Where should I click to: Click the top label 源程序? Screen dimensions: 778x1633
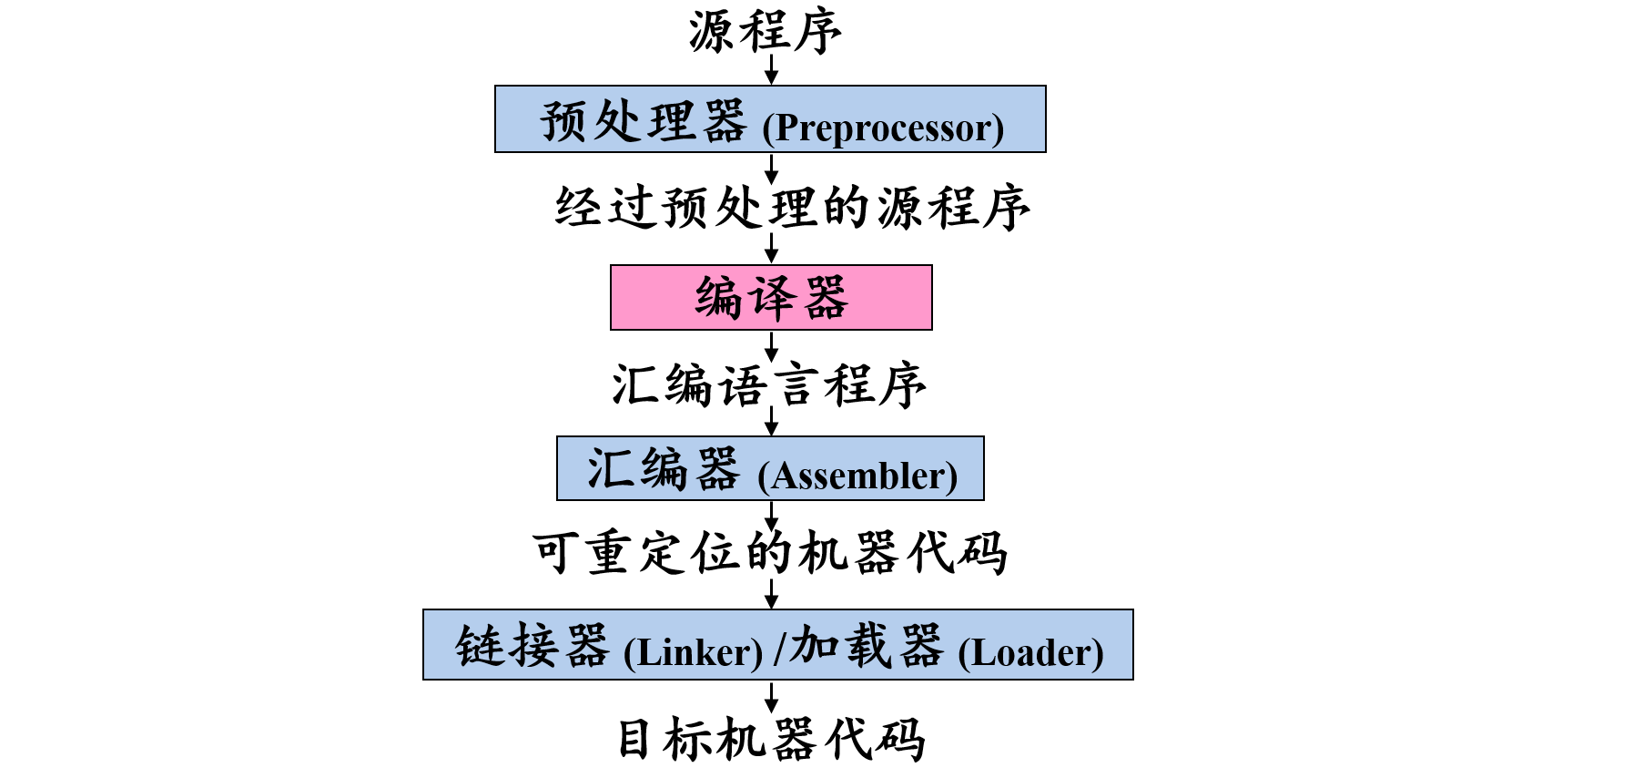[765, 32]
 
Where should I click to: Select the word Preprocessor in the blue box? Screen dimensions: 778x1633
[883, 128]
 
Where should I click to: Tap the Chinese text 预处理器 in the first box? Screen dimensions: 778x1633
[644, 121]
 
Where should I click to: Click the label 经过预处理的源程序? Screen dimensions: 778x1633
[792, 208]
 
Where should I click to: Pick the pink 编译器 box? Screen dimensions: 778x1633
[771, 298]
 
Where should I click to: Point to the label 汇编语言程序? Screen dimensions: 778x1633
[769, 385]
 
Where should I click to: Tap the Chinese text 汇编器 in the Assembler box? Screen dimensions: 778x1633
[663, 470]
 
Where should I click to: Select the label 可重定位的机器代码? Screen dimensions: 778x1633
[770, 553]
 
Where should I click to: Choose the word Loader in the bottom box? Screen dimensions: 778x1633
[1030, 652]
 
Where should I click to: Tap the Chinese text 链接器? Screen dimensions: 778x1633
[532, 646]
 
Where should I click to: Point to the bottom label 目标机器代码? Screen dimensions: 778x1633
[771, 739]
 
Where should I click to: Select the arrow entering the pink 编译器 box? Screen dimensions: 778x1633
[771, 249]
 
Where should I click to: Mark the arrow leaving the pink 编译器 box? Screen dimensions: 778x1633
[771, 346]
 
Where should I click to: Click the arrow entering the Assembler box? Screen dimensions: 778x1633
[771, 421]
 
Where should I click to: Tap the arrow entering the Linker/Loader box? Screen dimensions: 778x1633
[771, 594]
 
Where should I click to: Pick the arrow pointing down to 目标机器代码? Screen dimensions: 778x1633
[771, 697]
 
